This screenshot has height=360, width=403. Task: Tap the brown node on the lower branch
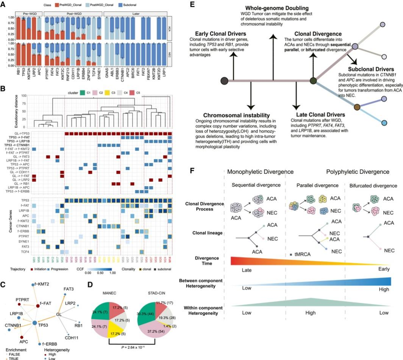[357, 107]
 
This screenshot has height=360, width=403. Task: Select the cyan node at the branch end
[385, 123]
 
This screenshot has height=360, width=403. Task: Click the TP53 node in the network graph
[35, 323]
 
